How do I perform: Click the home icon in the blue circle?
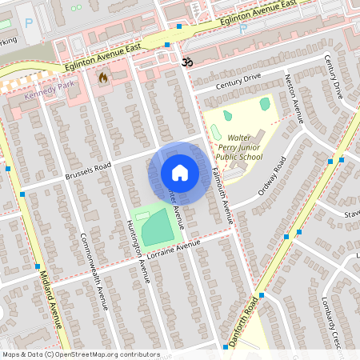tap(180, 172)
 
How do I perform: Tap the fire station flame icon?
tap(102, 78)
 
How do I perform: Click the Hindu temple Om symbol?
tap(188, 61)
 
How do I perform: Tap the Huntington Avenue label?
tap(138, 252)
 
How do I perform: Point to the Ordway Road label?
tap(272, 179)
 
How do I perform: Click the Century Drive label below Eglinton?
tap(238, 78)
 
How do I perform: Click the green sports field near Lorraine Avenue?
tap(155, 227)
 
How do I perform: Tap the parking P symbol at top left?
tap(29, 23)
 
